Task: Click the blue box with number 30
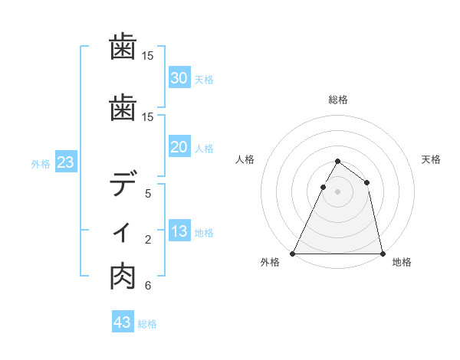point(179,78)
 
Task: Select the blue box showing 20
point(179,148)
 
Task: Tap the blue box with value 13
point(179,232)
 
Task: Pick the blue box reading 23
point(65,162)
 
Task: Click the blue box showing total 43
point(122,322)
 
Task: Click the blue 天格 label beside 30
point(204,79)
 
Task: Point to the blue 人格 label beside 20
point(204,149)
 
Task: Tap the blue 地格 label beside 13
point(204,233)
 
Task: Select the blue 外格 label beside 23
point(41,163)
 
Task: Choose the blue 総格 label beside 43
point(147,323)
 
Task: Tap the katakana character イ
point(123,233)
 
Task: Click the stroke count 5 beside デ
point(148,194)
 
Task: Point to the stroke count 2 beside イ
point(148,240)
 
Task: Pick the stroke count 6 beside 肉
point(148,286)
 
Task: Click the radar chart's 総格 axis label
point(337,100)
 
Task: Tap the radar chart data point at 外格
point(293,253)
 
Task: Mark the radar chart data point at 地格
point(382,253)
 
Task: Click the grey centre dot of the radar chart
point(337,191)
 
